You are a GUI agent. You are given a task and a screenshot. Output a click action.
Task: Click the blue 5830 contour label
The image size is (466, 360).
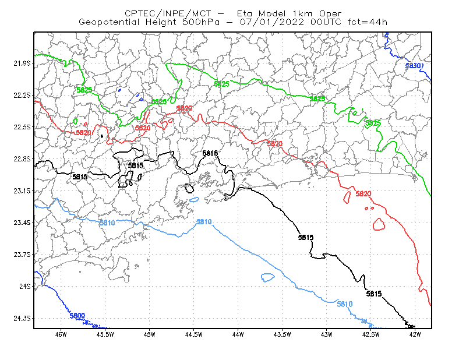point(413,66)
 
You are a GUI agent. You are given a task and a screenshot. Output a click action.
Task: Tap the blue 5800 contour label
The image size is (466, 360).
point(77,316)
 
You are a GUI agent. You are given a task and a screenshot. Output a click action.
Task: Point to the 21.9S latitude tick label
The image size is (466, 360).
point(22,63)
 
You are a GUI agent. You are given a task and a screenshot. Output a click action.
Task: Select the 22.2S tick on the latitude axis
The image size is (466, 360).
point(22,95)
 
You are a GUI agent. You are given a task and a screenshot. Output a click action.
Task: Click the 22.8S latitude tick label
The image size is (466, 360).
point(22,159)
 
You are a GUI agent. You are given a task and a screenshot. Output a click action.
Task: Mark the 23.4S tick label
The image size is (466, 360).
point(22,223)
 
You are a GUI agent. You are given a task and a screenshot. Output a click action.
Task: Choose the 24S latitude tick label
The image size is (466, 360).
point(25,286)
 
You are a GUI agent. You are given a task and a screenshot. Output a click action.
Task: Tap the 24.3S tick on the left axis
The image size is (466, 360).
point(22,319)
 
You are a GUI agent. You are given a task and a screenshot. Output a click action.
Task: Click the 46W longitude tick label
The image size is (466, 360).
point(61,334)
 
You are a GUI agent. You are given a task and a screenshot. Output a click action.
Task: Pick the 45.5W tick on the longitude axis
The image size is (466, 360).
point(105,334)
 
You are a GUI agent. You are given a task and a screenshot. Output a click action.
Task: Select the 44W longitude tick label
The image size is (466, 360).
point(238,334)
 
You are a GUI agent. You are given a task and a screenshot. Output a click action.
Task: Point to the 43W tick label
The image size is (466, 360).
point(327,334)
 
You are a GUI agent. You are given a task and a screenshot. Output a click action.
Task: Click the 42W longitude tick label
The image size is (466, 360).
point(415,334)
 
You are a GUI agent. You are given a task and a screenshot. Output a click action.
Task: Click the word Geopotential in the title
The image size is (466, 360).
point(109,22)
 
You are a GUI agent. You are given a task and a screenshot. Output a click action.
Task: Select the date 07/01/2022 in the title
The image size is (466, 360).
point(272,22)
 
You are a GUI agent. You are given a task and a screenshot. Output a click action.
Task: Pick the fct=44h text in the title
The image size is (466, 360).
point(368,22)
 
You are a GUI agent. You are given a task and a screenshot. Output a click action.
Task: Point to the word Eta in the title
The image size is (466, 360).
point(244,13)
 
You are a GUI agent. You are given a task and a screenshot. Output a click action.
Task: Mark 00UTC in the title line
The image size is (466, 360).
point(326,22)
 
